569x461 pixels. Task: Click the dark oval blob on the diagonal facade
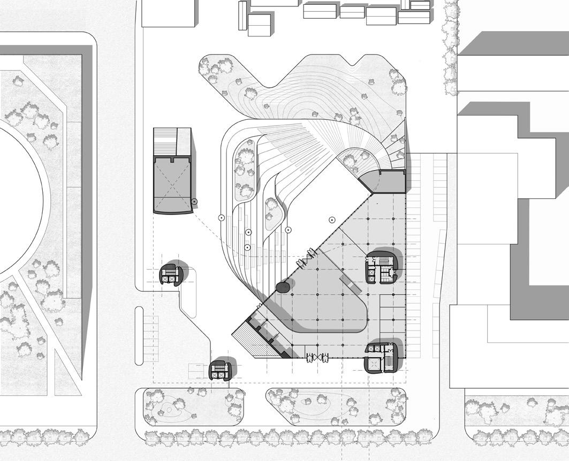click(283, 288)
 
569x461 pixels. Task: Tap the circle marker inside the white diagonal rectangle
click(332, 219)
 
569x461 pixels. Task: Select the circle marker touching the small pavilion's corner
click(194, 202)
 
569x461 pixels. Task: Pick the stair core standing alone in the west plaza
click(171, 275)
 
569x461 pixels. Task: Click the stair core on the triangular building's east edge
click(382, 267)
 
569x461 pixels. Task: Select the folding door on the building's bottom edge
click(316, 358)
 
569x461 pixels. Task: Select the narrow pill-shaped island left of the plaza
click(139, 335)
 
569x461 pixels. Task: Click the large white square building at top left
click(168, 13)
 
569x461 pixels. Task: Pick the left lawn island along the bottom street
click(187, 406)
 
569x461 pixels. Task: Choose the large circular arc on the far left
click(21, 198)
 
